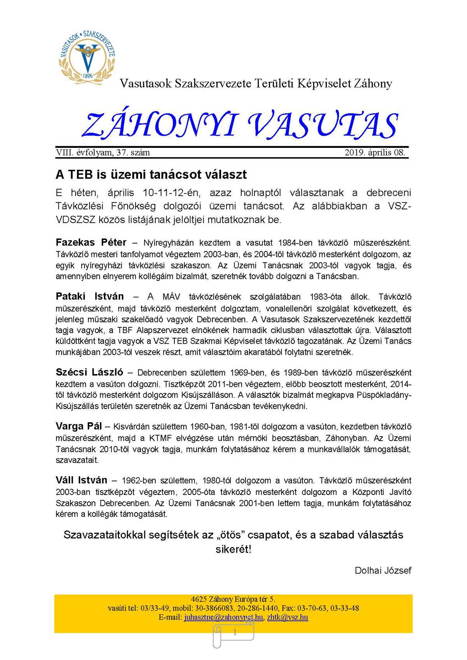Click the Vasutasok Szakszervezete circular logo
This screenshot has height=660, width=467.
coord(88,55)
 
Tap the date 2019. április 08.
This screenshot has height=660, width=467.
coord(375,153)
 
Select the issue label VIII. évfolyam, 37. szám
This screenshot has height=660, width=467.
coord(103,153)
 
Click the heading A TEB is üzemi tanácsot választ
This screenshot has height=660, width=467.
coord(151,174)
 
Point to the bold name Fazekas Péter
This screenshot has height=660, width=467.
coord(91,242)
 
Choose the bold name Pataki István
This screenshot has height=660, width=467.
coord(90,297)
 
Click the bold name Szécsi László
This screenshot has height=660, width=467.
coord(90,372)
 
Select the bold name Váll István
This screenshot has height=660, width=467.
coord(81,480)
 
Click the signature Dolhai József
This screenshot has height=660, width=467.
coord(383,570)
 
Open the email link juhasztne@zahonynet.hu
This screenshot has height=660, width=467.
coord(224,617)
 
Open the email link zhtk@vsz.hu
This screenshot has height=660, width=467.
coord(288,617)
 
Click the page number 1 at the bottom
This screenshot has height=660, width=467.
coord(235,633)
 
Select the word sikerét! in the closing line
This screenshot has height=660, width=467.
coord(233,549)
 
